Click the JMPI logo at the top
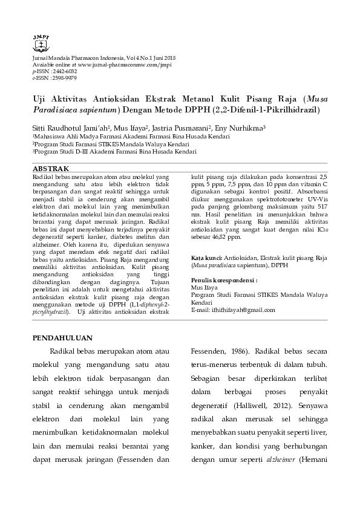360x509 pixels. coord(41,41)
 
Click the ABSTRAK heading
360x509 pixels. coord(50,167)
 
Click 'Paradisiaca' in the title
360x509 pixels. coord(54,110)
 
